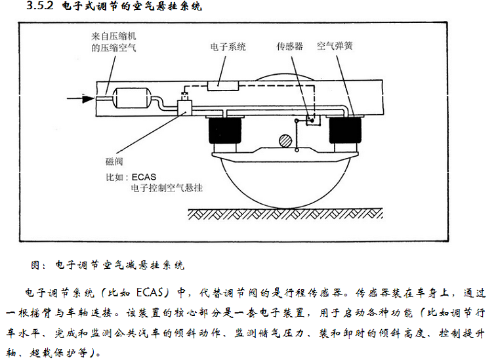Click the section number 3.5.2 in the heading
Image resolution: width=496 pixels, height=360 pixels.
40,5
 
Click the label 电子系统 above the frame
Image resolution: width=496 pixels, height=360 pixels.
228,47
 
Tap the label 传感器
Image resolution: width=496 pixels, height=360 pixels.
290,47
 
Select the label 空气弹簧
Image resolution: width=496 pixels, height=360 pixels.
335,46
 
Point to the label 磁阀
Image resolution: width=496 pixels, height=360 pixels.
114,162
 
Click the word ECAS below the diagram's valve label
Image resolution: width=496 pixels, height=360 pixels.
144,176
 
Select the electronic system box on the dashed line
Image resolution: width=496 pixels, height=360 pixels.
222,86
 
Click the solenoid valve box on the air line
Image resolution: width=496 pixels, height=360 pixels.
184,108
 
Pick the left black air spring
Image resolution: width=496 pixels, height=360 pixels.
225,130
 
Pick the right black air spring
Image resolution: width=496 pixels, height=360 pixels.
345,130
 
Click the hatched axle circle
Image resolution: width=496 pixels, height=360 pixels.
285,140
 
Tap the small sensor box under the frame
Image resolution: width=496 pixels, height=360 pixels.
313,120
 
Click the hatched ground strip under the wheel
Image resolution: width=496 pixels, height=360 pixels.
285,214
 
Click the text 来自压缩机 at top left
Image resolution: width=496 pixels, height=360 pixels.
114,36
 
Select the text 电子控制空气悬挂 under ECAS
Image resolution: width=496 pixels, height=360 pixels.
167,188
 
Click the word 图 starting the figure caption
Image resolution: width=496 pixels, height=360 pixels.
35,265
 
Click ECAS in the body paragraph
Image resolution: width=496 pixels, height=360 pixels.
150,292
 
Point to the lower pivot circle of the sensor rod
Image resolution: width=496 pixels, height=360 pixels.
297,150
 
